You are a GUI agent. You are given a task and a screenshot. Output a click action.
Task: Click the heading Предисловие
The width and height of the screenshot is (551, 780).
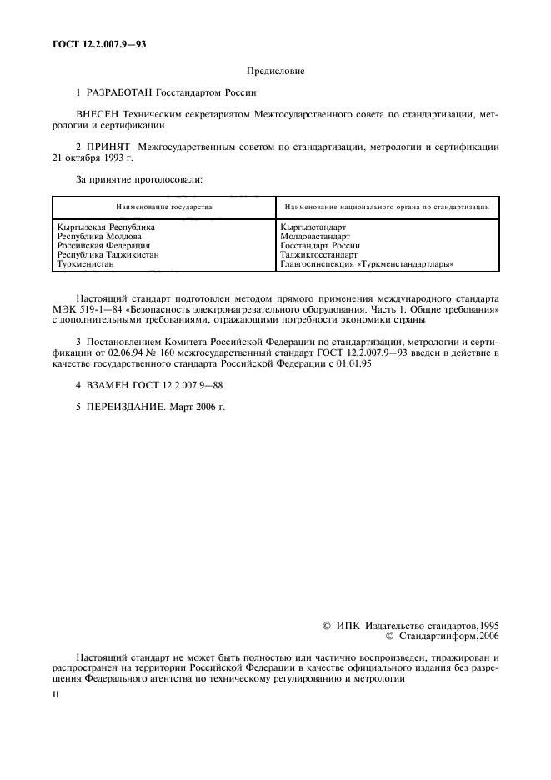pyautogui.click(x=275, y=72)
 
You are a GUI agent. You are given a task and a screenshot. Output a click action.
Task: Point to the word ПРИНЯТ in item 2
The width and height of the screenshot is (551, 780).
pyautogui.click(x=108, y=147)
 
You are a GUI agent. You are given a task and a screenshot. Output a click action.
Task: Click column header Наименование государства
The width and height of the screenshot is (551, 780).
pyautogui.click(x=163, y=206)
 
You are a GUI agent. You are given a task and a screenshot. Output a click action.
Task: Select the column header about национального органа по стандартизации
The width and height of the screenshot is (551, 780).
pyautogui.click(x=386, y=206)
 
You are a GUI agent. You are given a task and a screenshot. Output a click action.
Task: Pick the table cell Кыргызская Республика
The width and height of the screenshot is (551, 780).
pyautogui.click(x=106, y=227)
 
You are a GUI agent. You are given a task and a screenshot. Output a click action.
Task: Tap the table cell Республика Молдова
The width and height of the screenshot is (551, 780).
pyautogui.click(x=101, y=236)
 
